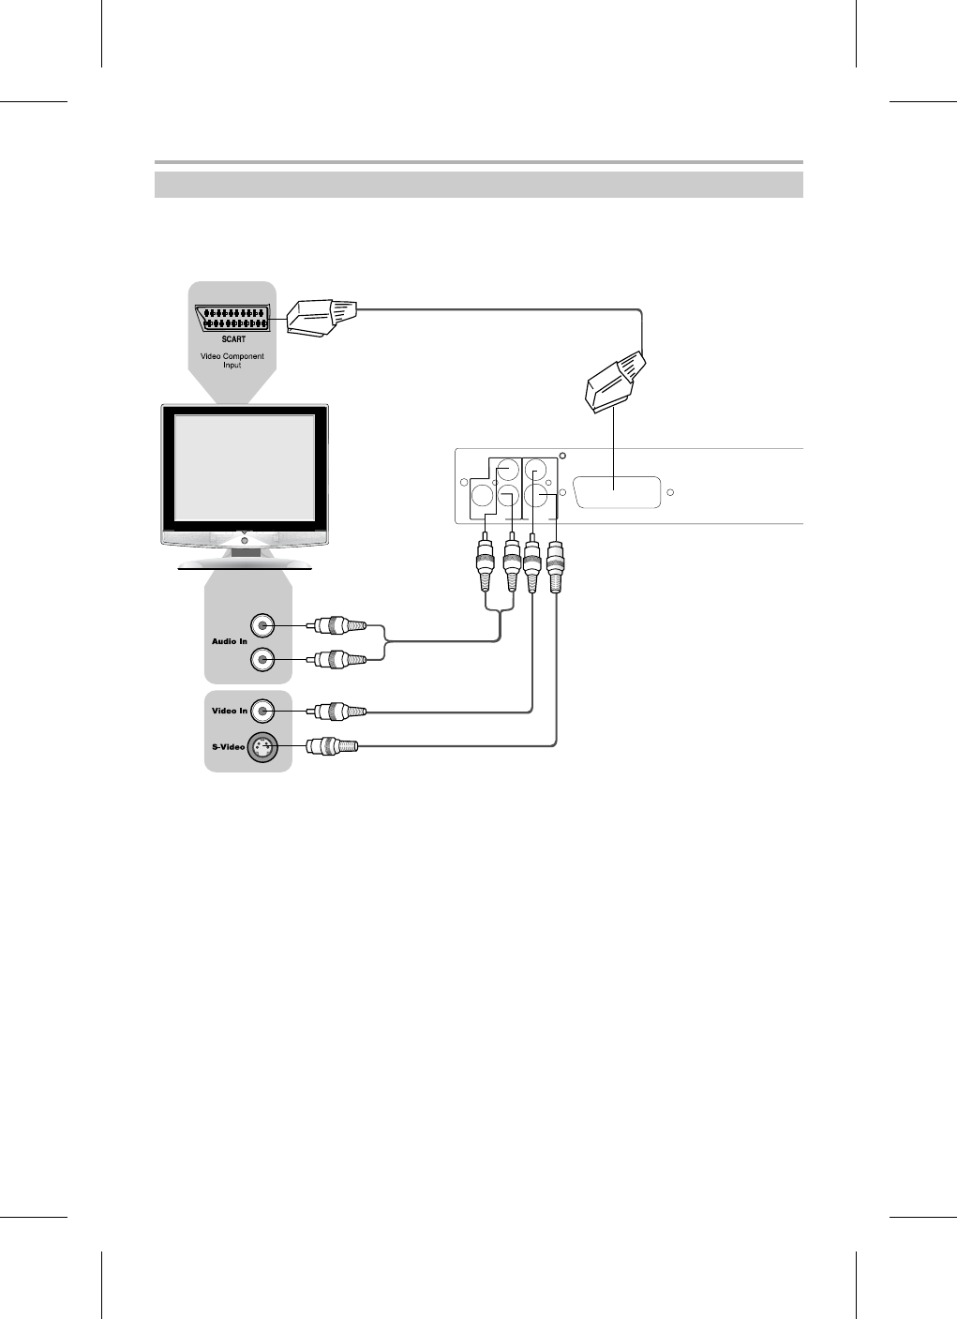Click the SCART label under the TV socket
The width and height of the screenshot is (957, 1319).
pyautogui.click(x=233, y=339)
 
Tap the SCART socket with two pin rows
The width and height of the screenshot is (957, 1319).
pyautogui.click(x=233, y=318)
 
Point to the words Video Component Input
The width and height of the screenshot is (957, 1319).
pyautogui.click(x=232, y=361)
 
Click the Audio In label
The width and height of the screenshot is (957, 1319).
pyautogui.click(x=230, y=641)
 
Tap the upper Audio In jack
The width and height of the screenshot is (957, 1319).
pyautogui.click(x=263, y=625)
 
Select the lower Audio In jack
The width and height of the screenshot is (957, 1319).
pyautogui.click(x=263, y=660)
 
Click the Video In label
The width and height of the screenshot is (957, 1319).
pyautogui.click(x=230, y=711)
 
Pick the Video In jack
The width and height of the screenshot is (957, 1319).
pyautogui.click(x=263, y=711)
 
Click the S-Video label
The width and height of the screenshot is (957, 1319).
pyautogui.click(x=228, y=747)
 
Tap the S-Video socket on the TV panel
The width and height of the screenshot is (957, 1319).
pyautogui.click(x=263, y=747)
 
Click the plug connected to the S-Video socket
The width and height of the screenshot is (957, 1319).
pyautogui.click(x=333, y=746)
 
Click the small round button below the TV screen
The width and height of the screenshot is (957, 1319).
pyautogui.click(x=245, y=540)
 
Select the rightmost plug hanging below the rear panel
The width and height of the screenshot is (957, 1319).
pyautogui.click(x=557, y=566)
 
